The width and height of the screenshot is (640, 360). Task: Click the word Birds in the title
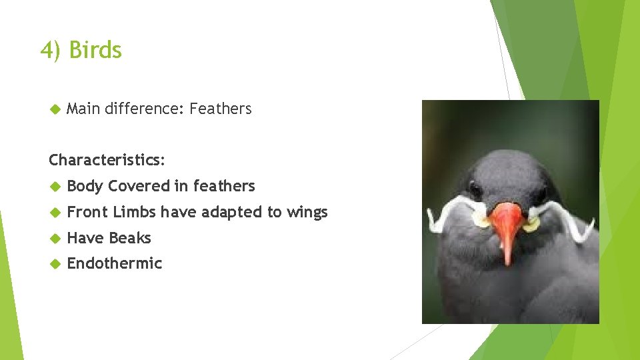click(95, 51)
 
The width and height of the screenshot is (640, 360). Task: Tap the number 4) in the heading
click(51, 51)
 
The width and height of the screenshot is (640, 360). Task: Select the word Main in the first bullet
click(83, 109)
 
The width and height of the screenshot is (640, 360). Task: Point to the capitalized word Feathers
click(221, 109)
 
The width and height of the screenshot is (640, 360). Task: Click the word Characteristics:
click(107, 161)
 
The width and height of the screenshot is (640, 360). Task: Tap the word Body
click(85, 187)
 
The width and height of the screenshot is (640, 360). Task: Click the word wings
click(307, 212)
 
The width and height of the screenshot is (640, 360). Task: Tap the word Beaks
click(130, 238)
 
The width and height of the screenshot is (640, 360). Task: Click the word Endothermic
click(115, 263)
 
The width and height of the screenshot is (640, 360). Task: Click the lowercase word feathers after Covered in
click(224, 187)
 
